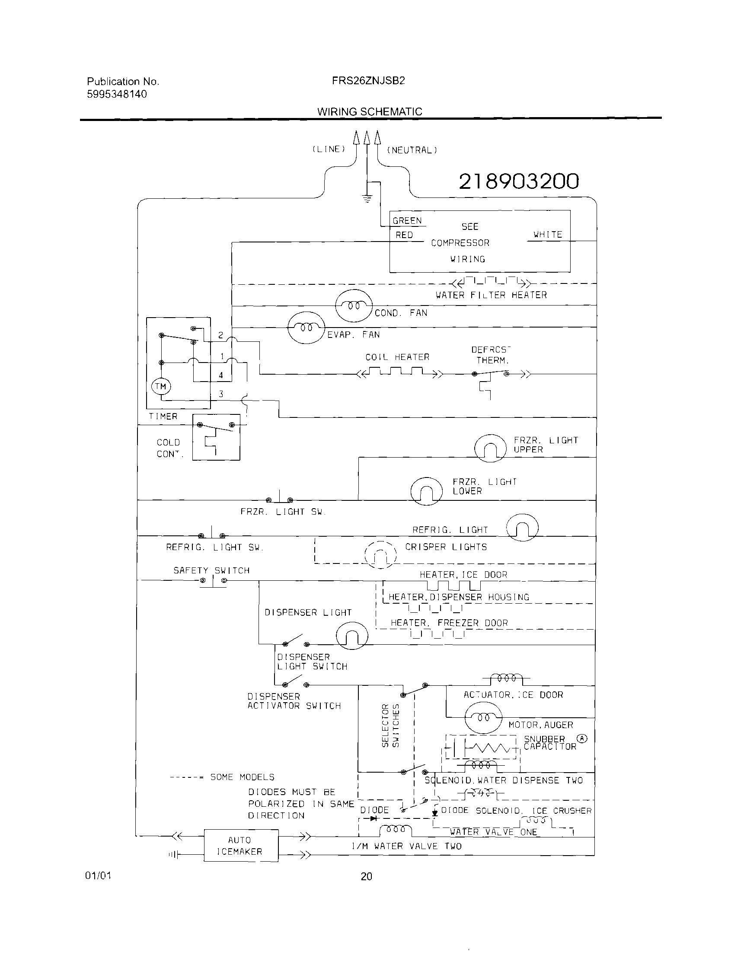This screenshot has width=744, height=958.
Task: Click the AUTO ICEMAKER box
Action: click(x=240, y=845)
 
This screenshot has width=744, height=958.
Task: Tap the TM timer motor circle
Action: click(x=161, y=386)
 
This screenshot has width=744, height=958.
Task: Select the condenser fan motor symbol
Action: click(x=354, y=306)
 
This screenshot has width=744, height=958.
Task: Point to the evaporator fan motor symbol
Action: click(x=306, y=328)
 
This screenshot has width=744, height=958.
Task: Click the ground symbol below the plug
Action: click(x=367, y=198)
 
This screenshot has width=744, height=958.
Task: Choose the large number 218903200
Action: click(x=519, y=181)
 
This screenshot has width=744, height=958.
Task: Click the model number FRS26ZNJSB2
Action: click(x=368, y=81)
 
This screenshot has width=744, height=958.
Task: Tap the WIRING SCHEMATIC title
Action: click(x=370, y=111)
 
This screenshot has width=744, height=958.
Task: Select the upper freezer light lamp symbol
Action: click(x=490, y=448)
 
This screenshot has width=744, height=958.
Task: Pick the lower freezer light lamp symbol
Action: click(x=426, y=491)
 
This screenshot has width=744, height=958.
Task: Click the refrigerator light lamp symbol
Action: click(x=522, y=528)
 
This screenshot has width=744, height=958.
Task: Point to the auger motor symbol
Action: click(x=483, y=718)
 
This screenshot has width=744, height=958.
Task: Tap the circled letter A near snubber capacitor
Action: click(x=582, y=738)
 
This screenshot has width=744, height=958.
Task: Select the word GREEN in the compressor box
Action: click(x=407, y=221)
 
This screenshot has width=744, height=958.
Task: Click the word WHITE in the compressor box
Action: click(x=548, y=235)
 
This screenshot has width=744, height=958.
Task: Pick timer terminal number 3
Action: click(x=221, y=394)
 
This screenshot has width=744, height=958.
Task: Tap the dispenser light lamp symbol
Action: click(x=351, y=637)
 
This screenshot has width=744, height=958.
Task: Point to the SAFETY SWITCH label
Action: click(x=211, y=570)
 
